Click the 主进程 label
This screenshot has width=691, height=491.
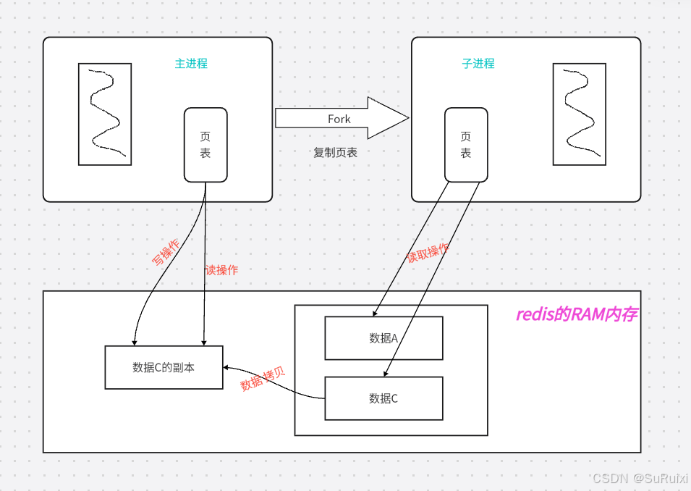191,64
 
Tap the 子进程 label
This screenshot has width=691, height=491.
478,64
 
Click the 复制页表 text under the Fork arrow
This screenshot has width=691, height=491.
335,153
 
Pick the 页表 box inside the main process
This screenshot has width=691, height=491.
205,145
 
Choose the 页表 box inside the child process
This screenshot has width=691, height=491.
465,145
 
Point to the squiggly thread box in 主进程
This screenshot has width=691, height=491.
105,114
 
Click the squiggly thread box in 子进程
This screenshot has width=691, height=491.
579,114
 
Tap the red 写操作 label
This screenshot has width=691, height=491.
166,252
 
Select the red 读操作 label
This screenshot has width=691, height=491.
221,270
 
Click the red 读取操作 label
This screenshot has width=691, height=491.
427,253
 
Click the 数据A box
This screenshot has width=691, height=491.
383,338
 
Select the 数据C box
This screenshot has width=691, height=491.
383,398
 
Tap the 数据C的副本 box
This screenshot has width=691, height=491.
164,367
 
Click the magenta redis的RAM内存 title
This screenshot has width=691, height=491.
576,314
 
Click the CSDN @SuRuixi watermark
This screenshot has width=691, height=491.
640,479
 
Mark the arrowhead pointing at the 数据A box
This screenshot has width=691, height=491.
375,314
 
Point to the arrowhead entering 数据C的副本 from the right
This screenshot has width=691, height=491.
226,366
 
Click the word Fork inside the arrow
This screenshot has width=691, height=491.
339,119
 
